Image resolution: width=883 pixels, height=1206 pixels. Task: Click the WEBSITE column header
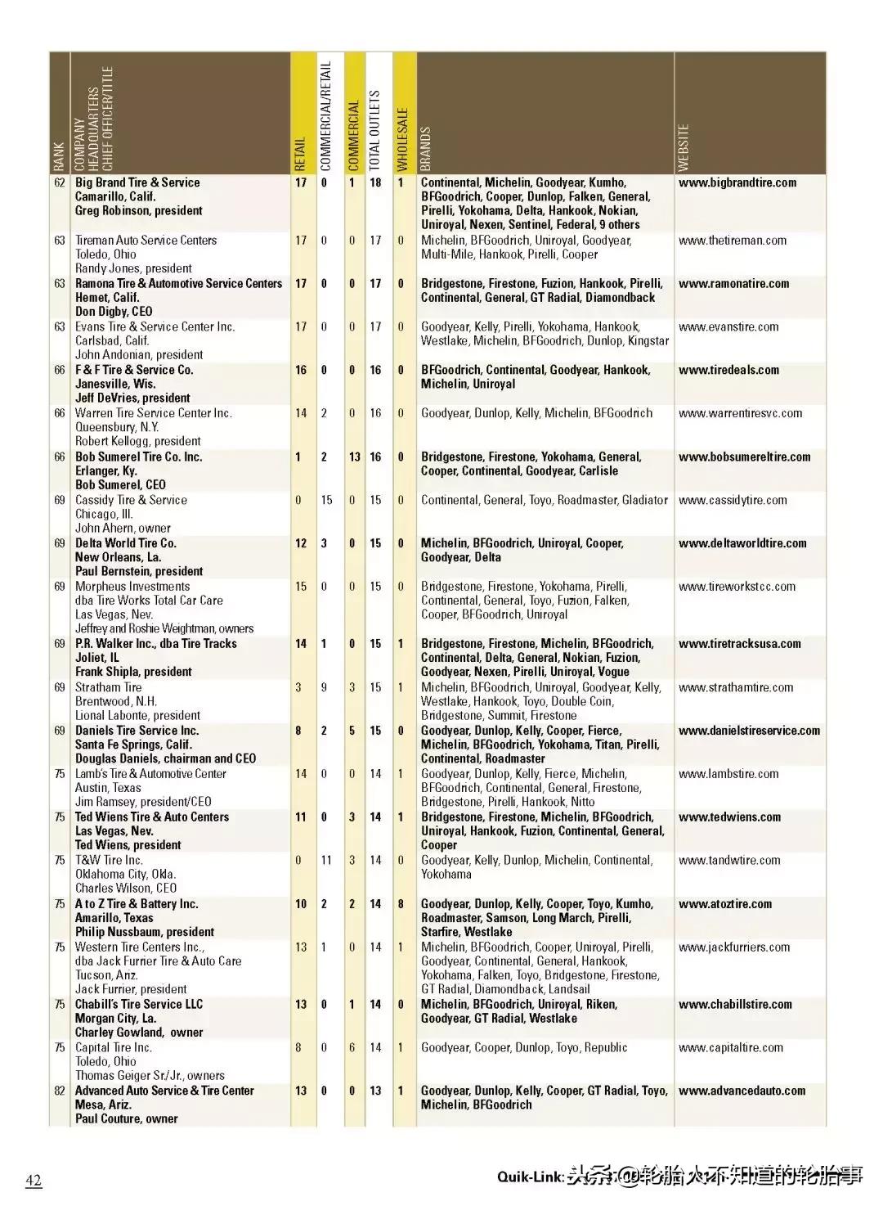(684, 148)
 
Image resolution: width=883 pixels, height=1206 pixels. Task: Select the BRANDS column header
(426, 149)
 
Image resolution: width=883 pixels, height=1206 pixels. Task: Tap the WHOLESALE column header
(402, 139)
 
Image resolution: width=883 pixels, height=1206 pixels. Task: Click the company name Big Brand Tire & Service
(137, 182)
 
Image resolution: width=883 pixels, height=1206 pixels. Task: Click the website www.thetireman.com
(732, 241)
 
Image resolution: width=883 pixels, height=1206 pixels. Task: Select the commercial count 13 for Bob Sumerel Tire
(354, 457)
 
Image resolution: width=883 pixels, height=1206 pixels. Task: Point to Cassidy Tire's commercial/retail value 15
(326, 500)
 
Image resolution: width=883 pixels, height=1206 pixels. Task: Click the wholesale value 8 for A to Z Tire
(401, 904)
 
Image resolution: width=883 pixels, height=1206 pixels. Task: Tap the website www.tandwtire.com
(728, 861)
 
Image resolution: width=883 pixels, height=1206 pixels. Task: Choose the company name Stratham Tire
(109, 687)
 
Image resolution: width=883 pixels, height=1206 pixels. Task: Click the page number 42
(34, 1181)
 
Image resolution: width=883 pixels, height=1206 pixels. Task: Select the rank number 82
(60, 1091)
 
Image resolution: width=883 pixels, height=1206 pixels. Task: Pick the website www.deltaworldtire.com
(742, 543)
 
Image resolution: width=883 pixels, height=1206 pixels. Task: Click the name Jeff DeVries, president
(132, 398)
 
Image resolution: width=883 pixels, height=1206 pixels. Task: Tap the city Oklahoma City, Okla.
(125, 875)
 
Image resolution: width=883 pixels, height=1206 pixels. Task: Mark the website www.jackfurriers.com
(733, 947)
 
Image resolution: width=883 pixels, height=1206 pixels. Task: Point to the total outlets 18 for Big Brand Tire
(375, 182)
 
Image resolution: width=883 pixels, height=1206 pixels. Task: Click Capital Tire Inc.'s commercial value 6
(352, 1047)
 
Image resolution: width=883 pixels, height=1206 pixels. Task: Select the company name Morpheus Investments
(132, 587)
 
